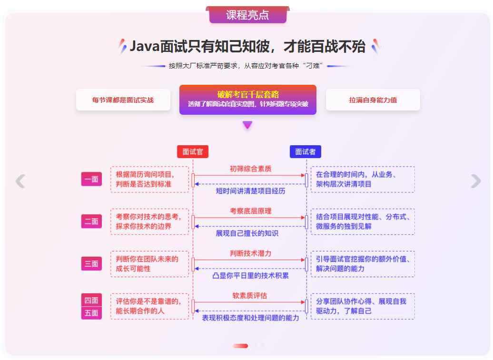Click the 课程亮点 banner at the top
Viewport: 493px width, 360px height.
(247, 15)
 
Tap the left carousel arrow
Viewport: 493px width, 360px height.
(20, 181)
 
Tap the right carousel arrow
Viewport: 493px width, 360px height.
(476, 181)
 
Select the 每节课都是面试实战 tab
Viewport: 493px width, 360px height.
(123, 100)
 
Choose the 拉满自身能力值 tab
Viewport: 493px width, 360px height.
(373, 100)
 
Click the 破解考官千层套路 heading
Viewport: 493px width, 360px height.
(247, 94)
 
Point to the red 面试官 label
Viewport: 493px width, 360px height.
(193, 151)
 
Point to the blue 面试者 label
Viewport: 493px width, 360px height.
(306, 151)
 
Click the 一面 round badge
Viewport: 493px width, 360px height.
(91, 179)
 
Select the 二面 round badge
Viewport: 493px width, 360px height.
(91, 221)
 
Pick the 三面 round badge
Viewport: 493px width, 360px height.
(91, 264)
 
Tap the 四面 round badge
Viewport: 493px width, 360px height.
(91, 300)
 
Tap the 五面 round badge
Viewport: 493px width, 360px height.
(91, 313)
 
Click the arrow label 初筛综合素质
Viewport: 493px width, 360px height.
(250, 169)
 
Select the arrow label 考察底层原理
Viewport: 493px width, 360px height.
(250, 211)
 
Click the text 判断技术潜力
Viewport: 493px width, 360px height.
(250, 253)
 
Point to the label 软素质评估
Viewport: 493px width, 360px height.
(250, 296)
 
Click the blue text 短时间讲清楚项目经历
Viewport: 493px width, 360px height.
(250, 191)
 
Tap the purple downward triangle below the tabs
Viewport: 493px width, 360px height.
(247, 125)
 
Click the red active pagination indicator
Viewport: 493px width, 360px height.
(240, 346)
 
